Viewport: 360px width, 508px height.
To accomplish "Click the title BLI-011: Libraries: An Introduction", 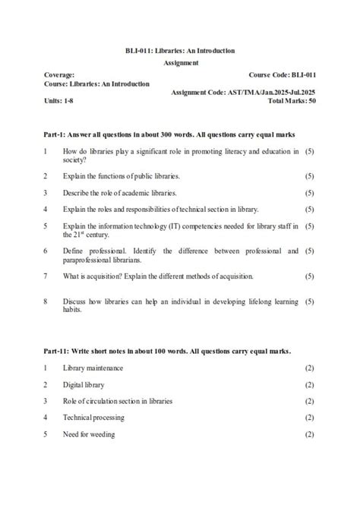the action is [180, 51].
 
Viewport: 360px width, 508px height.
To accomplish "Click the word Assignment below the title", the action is [181, 63].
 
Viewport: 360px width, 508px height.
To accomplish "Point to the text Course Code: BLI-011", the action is [283, 75].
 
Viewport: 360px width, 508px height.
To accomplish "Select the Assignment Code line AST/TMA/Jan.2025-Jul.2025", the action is [243, 93].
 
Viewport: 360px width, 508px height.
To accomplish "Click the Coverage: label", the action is [59, 75].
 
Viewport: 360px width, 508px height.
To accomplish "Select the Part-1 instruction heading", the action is [169, 134].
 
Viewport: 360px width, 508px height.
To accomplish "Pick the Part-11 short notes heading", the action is [167, 351].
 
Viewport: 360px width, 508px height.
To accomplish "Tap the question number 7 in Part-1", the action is [46, 276].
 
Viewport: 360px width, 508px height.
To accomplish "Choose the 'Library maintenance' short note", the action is [93, 368].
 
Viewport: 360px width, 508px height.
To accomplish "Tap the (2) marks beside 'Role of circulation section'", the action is [309, 401].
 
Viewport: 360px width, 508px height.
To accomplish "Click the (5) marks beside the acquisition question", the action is [309, 276].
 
